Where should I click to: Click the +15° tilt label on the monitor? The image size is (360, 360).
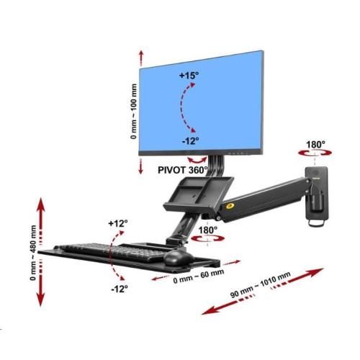(x=189, y=76)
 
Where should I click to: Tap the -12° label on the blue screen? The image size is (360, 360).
(x=190, y=141)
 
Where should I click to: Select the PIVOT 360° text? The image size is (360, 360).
(x=183, y=170)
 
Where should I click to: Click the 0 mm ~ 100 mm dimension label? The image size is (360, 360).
(x=134, y=112)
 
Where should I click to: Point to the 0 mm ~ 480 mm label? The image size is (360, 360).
(x=33, y=253)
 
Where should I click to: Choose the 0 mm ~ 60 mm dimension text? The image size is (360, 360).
(x=199, y=276)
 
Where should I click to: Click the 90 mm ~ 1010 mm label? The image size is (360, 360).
(x=261, y=284)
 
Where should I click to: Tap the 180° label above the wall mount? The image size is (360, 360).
(x=315, y=145)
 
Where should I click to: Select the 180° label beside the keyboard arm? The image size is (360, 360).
(x=208, y=230)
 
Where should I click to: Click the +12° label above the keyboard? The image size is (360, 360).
(x=118, y=223)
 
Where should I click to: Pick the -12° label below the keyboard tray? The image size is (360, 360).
(x=120, y=289)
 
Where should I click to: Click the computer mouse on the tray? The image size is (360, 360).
(x=179, y=258)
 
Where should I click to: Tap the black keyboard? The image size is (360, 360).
(x=113, y=251)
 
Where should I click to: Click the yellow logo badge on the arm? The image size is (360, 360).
(x=230, y=206)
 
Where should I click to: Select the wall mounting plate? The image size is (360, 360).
(x=317, y=193)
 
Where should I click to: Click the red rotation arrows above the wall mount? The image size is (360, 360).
(x=315, y=153)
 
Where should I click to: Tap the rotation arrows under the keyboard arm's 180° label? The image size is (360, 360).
(x=207, y=238)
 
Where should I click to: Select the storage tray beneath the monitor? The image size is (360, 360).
(x=199, y=193)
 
